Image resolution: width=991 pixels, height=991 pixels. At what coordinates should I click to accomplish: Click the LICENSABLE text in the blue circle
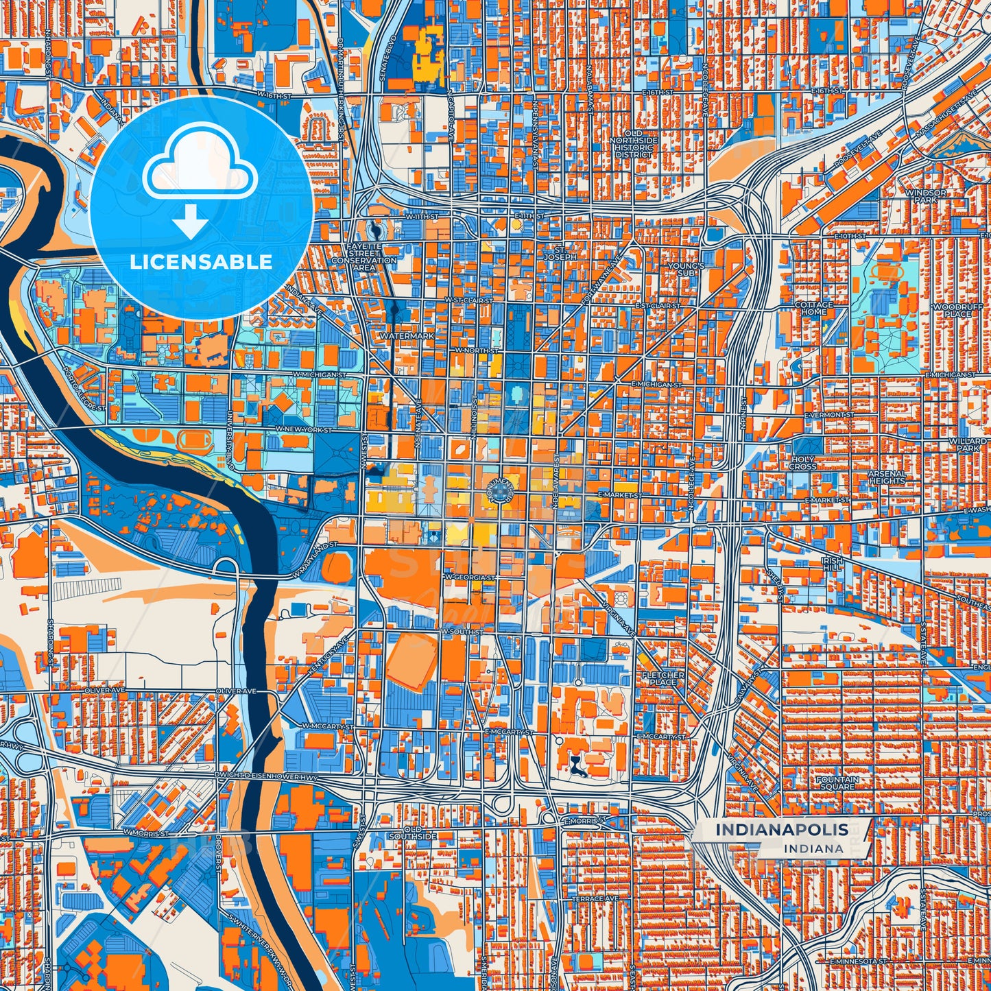202,261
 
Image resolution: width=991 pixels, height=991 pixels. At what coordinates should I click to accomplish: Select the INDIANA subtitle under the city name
815,848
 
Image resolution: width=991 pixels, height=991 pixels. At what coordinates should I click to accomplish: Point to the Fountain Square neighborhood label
837,783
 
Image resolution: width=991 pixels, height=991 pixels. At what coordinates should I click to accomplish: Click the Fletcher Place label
662,678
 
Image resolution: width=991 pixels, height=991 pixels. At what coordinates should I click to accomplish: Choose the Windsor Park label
925,196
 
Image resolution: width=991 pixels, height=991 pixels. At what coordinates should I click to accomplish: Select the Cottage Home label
813,308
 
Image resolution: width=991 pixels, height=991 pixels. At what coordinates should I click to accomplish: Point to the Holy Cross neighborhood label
802,463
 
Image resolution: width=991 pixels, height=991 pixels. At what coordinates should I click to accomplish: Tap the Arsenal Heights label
887,477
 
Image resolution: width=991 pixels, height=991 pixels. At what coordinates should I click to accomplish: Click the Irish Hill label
831,564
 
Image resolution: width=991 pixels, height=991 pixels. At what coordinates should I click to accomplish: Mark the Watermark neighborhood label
407,336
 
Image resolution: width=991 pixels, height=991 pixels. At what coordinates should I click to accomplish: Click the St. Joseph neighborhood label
560,253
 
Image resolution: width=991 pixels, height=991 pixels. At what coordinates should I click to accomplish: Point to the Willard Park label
967,444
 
